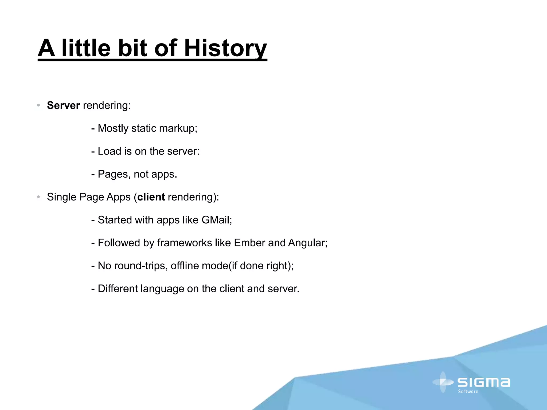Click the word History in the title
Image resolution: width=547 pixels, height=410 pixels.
coord(225,48)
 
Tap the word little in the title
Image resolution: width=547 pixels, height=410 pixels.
coord(86,48)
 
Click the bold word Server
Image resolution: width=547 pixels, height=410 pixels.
coord(63,105)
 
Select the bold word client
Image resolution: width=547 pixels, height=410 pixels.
coord(151,197)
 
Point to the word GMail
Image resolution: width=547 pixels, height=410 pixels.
coord(216,220)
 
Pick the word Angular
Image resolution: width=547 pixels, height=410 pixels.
coord(307,243)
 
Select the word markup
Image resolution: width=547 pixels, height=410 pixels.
coord(178,128)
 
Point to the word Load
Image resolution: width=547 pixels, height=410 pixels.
coord(109,151)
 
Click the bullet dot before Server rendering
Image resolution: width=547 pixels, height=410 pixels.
coord(38,106)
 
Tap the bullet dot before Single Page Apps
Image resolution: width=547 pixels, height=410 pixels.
coord(38,197)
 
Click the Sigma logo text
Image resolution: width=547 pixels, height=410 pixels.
coord(483,382)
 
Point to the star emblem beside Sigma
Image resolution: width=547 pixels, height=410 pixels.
coord(443,382)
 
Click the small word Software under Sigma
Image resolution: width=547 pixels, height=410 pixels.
coord(468,392)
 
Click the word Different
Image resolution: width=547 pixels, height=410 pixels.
coord(118,289)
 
